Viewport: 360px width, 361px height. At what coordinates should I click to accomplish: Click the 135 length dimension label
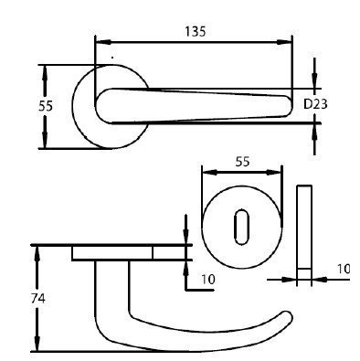click(196, 31)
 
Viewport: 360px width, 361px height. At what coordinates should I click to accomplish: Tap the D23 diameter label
click(315, 104)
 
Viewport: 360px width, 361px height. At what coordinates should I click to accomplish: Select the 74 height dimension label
click(37, 299)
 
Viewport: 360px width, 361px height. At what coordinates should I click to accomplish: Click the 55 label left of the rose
click(46, 106)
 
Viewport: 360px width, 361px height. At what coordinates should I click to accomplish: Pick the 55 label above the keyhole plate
click(242, 162)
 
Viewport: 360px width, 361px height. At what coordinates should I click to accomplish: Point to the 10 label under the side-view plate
click(208, 280)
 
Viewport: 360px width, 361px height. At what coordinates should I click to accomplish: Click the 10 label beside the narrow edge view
click(344, 269)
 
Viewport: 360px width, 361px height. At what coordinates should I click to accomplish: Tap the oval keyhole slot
click(242, 227)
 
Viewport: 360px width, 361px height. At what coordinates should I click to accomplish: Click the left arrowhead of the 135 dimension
click(103, 42)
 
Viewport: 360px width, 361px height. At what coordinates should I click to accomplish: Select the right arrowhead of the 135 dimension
click(284, 42)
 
